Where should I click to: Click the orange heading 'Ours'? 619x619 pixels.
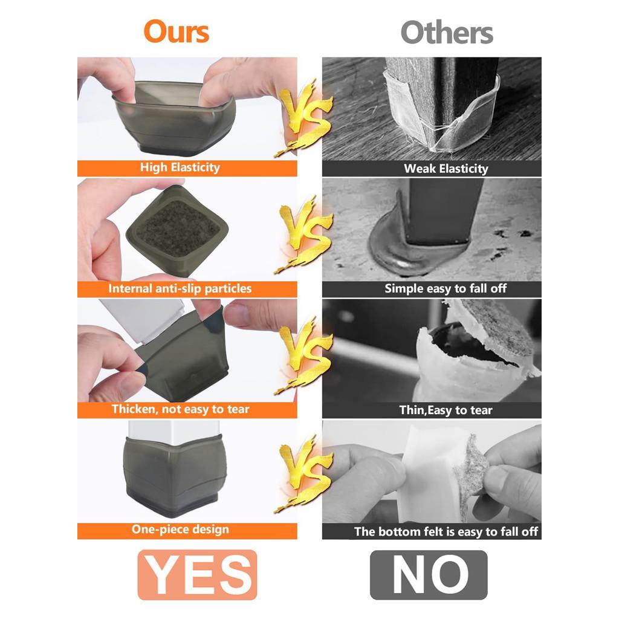[177, 31]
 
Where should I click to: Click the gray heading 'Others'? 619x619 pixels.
[447, 33]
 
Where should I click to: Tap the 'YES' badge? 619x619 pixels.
[198, 575]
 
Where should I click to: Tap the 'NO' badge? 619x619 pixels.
[429, 575]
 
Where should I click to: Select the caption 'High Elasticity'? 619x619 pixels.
[180, 167]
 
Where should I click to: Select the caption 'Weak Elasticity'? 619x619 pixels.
[446, 169]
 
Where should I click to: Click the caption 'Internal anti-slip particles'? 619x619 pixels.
[180, 288]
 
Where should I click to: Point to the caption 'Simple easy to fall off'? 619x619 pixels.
[446, 288]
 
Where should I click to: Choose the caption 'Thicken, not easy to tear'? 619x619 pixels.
[180, 409]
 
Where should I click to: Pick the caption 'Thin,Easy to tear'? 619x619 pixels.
[446, 410]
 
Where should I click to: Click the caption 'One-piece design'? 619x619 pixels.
[180, 529]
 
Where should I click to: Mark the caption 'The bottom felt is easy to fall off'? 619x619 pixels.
[446, 532]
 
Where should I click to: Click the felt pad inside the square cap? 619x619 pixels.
[178, 228]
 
